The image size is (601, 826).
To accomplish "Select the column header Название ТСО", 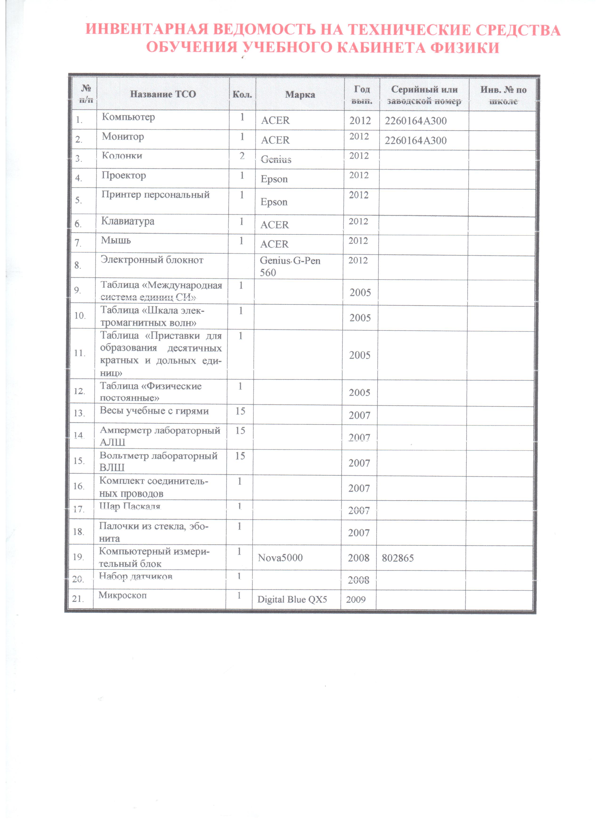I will click(x=163, y=94).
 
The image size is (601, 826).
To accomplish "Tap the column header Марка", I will click(x=300, y=95).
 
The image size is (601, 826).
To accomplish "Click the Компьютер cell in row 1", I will click(x=128, y=117).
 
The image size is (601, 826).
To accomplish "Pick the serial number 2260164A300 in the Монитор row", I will click(x=415, y=140).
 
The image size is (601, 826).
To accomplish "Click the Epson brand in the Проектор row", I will click(x=274, y=179).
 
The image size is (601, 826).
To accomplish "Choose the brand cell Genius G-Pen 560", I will click(x=290, y=266).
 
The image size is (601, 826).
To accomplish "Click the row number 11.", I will click(x=79, y=353).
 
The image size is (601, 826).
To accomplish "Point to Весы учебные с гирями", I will click(x=154, y=411).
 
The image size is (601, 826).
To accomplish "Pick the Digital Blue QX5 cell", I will click(x=292, y=599).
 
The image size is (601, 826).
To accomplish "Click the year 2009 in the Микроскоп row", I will click(x=356, y=599).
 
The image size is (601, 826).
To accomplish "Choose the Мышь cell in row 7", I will click(x=116, y=240).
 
